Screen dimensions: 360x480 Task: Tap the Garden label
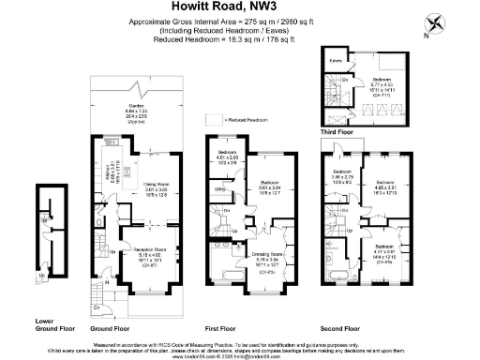[136, 105]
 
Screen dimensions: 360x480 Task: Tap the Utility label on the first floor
[217, 188]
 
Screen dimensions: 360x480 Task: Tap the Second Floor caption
[339, 329]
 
